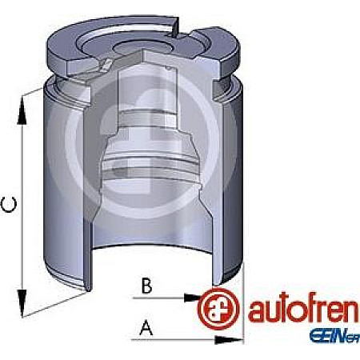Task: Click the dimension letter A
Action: (x=146, y=327)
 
